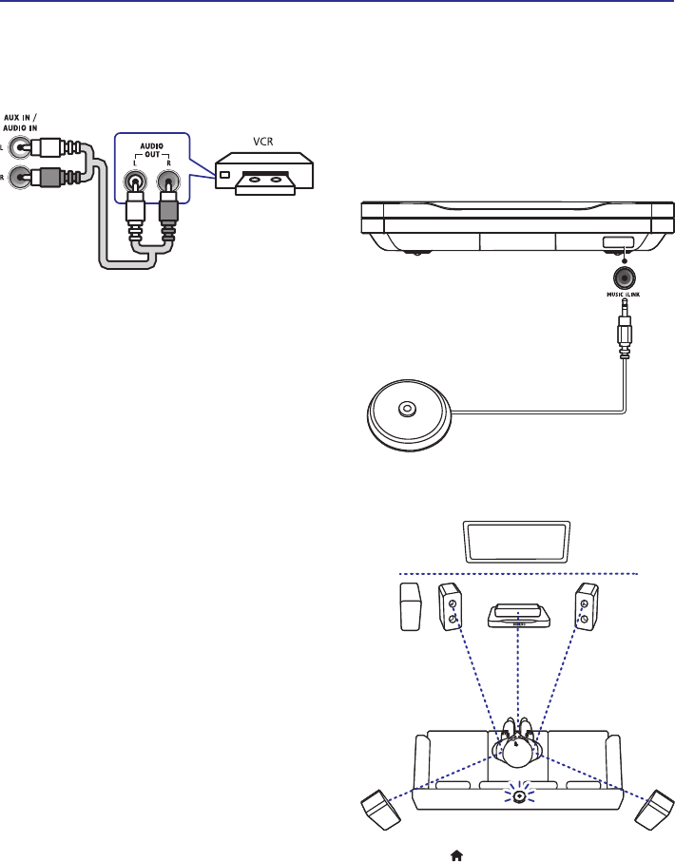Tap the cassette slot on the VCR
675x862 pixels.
tap(265, 178)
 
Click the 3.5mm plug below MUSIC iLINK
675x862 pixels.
tap(625, 328)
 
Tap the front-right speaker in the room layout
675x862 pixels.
tap(585, 606)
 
